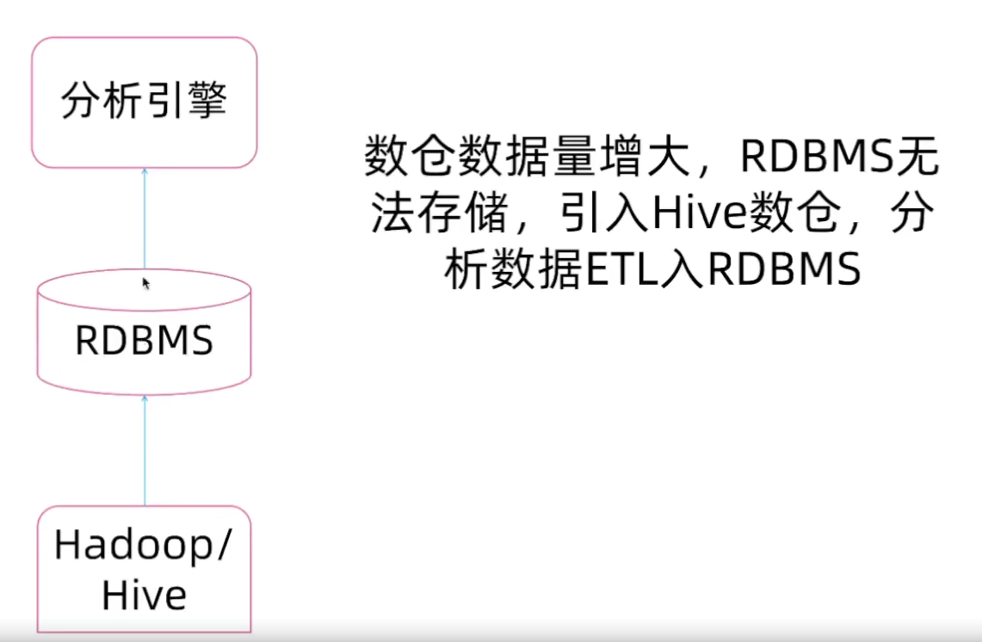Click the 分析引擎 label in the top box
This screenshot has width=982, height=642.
coord(144,102)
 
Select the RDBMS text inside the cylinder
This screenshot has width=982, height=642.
coord(144,342)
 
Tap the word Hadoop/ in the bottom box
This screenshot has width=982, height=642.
coord(143,546)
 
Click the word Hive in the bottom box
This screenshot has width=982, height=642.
coord(144,596)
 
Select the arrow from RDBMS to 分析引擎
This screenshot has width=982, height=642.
coord(145,219)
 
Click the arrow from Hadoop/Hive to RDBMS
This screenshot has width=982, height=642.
coord(145,452)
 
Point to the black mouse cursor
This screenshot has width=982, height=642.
coord(145,282)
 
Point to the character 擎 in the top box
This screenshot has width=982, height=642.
coord(207,102)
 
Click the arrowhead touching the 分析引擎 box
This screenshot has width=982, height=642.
coord(145,171)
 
